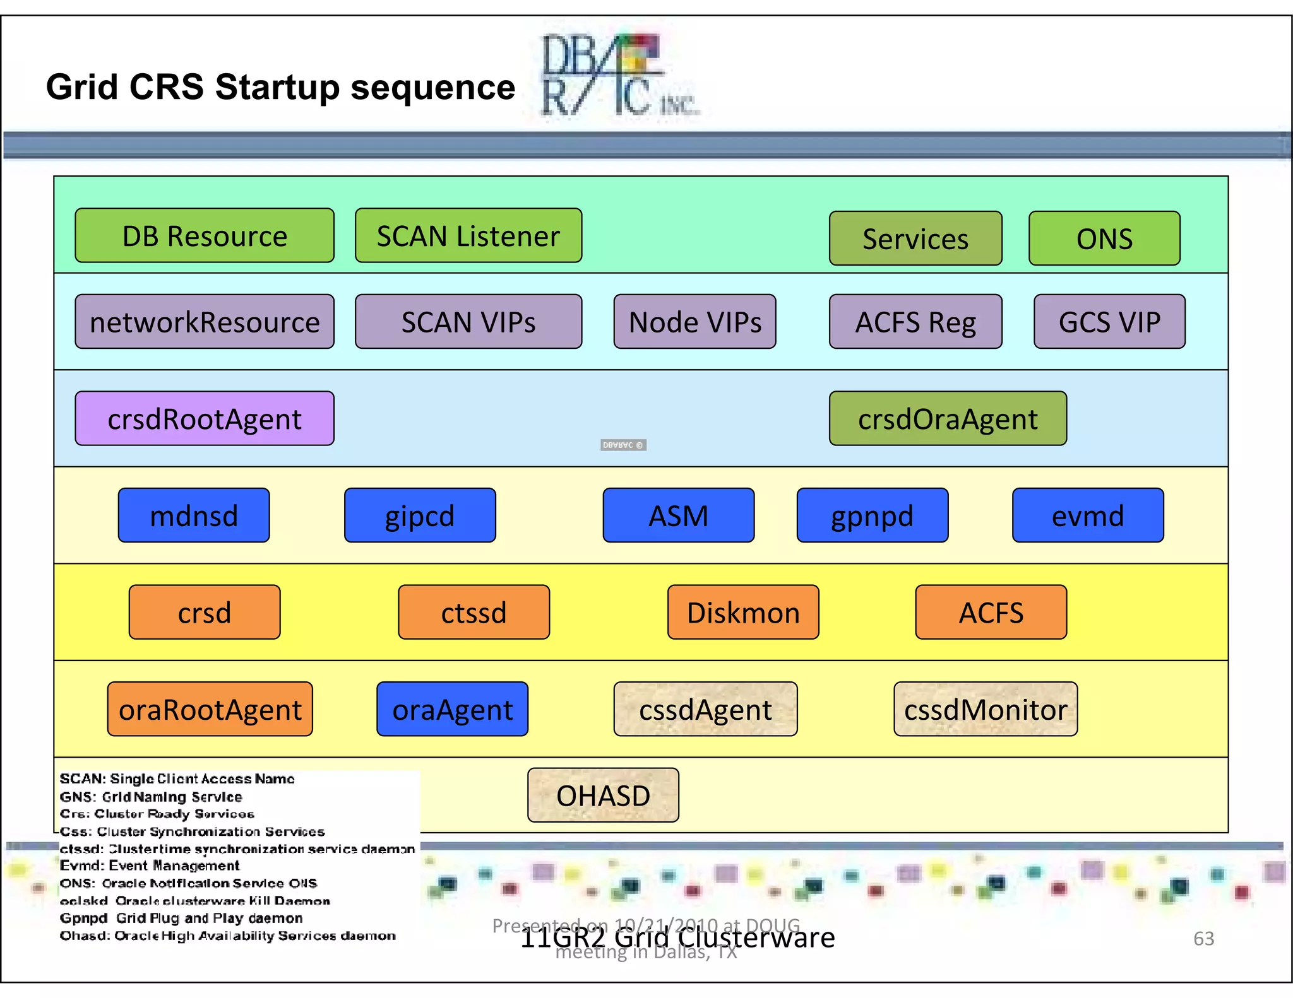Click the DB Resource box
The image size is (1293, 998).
(204, 235)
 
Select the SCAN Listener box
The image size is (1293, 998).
(468, 235)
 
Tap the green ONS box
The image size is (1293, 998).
(1104, 238)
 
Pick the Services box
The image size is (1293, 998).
(915, 238)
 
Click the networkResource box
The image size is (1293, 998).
(204, 322)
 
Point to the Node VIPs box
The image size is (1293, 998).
(694, 322)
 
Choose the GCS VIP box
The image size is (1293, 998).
(1109, 322)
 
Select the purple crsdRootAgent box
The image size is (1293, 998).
(204, 418)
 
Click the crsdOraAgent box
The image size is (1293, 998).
(947, 418)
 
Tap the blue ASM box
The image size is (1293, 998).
(678, 515)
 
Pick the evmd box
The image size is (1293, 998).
(1087, 515)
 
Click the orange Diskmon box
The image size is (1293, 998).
(742, 612)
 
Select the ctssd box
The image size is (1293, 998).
(474, 612)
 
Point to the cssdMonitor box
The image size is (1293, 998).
(985, 709)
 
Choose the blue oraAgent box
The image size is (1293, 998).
(452, 709)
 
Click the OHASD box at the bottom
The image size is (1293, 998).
(603, 795)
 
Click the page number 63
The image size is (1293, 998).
(1203, 938)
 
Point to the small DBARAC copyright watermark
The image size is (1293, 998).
(623, 445)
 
